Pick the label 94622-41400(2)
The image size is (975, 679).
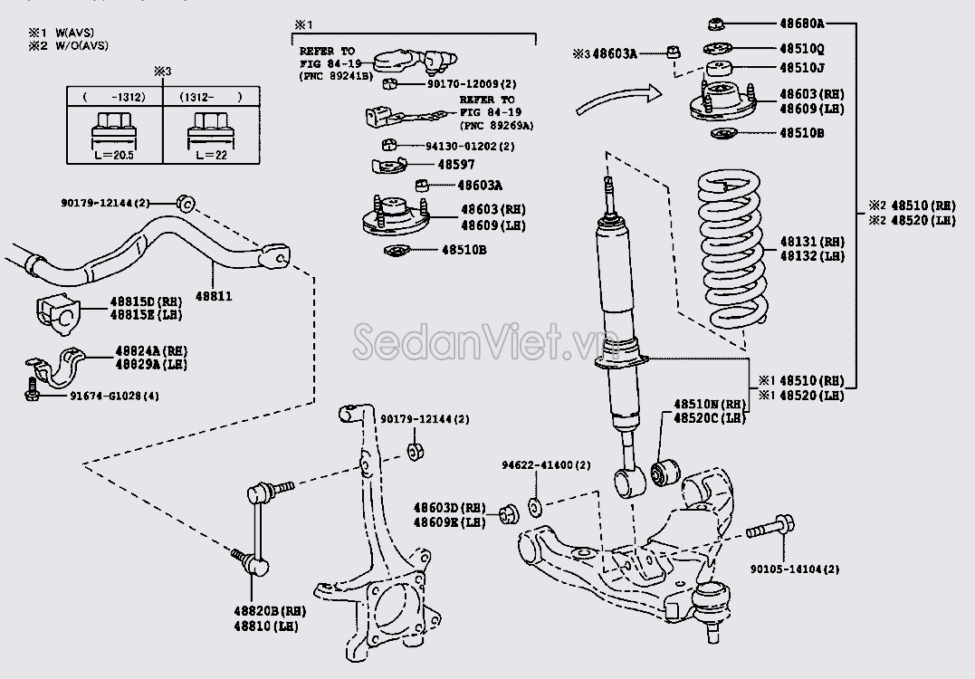[546, 465]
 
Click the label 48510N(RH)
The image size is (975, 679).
[710, 404]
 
